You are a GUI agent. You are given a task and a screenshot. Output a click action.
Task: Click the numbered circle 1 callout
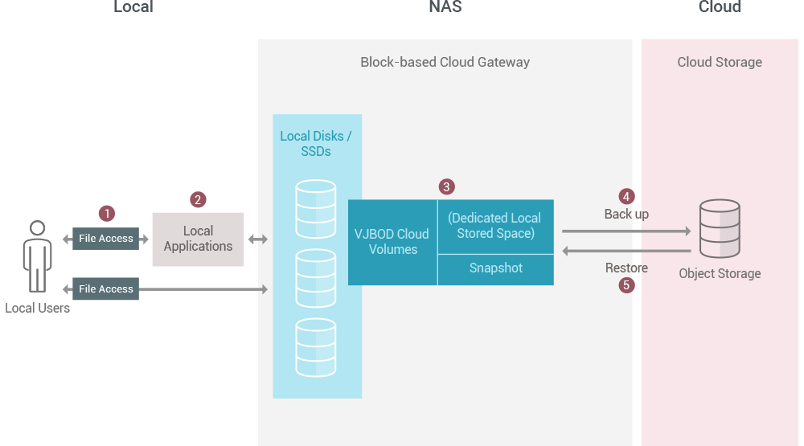coord(106,213)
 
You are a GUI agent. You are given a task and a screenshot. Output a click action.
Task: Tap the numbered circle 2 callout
coord(198,199)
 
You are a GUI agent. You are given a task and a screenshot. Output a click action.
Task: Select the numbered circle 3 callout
coord(447,186)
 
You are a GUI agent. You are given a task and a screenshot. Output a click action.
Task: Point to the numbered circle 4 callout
coord(626,196)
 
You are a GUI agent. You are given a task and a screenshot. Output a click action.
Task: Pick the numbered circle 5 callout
coord(627,284)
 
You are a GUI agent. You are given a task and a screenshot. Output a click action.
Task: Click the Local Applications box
coord(198,239)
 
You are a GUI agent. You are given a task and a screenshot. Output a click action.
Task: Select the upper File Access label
coord(105,239)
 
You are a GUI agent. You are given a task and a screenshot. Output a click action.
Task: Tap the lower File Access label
coord(105,288)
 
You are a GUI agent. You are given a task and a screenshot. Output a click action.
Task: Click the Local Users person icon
coord(37,256)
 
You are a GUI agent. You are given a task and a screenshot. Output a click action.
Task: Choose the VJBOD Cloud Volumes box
coord(392,242)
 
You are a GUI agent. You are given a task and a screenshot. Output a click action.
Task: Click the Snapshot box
coord(496,269)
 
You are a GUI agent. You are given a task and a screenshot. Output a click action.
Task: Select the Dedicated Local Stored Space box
coord(496,226)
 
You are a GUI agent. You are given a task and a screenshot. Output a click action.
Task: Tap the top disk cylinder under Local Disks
coord(316,208)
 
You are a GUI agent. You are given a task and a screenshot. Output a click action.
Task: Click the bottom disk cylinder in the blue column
coord(316,347)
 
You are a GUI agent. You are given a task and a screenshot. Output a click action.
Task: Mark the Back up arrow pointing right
coord(626,231)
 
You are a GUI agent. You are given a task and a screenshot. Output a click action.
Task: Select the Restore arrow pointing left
coord(626,252)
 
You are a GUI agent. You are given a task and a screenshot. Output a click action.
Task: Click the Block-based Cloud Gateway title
coord(445,62)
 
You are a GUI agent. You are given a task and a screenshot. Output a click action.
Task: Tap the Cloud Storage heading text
coord(720,62)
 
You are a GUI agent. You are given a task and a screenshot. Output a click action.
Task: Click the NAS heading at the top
coord(445,7)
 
